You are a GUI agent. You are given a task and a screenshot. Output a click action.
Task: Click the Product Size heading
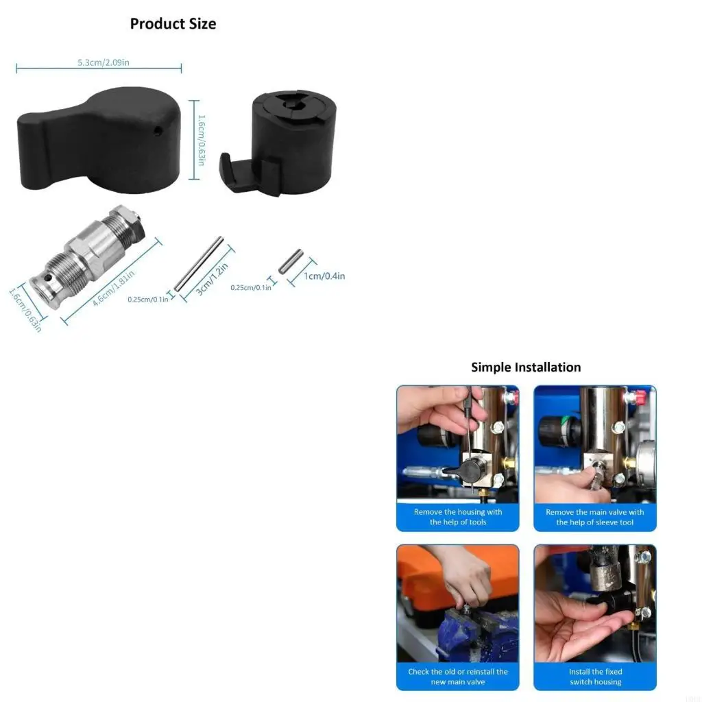tap(173, 24)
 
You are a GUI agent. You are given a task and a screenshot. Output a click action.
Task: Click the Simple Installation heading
tap(526, 367)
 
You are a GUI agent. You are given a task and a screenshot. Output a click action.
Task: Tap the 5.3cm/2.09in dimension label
tap(104, 62)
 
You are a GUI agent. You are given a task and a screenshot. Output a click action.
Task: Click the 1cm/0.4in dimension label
tap(324, 276)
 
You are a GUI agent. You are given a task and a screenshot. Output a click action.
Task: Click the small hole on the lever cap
tap(157, 129)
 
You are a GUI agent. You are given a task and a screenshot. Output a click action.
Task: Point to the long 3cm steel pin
tap(199, 264)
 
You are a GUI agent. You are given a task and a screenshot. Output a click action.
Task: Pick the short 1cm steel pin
tap(291, 261)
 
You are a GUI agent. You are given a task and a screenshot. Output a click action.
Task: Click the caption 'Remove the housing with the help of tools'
tap(458, 517)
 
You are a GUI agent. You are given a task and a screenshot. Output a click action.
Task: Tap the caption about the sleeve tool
tap(594, 517)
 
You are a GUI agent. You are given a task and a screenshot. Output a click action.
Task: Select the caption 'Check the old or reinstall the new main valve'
tap(458, 677)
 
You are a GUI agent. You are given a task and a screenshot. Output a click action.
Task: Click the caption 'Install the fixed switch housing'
tap(594, 677)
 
